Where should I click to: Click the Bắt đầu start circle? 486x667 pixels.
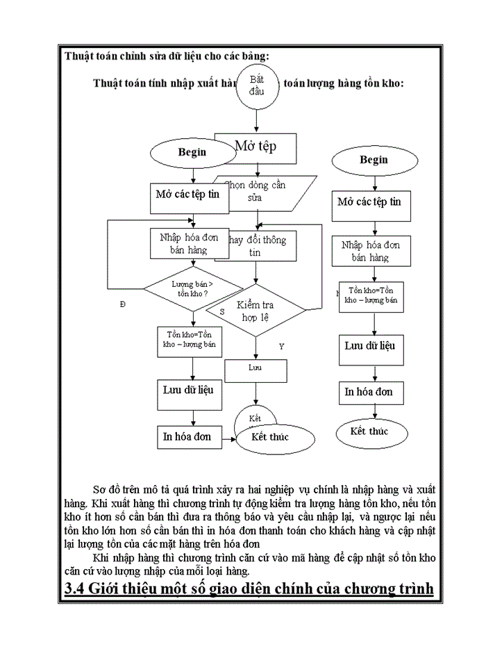[258, 86]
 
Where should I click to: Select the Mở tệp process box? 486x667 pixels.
[255, 147]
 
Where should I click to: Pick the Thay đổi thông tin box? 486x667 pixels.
[257, 246]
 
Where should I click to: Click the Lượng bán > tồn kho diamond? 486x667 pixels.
[192, 288]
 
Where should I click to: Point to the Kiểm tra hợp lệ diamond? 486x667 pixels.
[255, 310]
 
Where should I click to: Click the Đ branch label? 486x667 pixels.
[123, 304]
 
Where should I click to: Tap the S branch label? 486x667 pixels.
[222, 312]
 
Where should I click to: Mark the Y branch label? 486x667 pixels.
[281, 345]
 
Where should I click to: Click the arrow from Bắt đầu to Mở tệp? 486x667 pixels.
[257, 120]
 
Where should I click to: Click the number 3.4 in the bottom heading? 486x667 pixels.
[78, 588]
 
